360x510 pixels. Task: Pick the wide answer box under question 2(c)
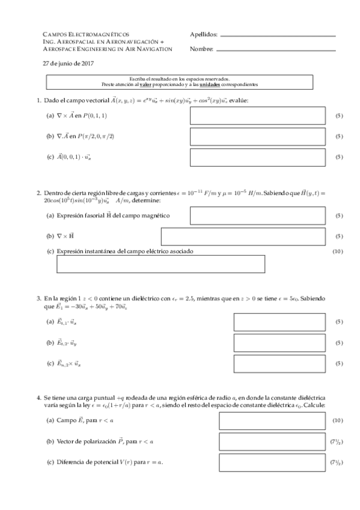click(160, 264)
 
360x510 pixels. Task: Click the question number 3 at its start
click(38, 298)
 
